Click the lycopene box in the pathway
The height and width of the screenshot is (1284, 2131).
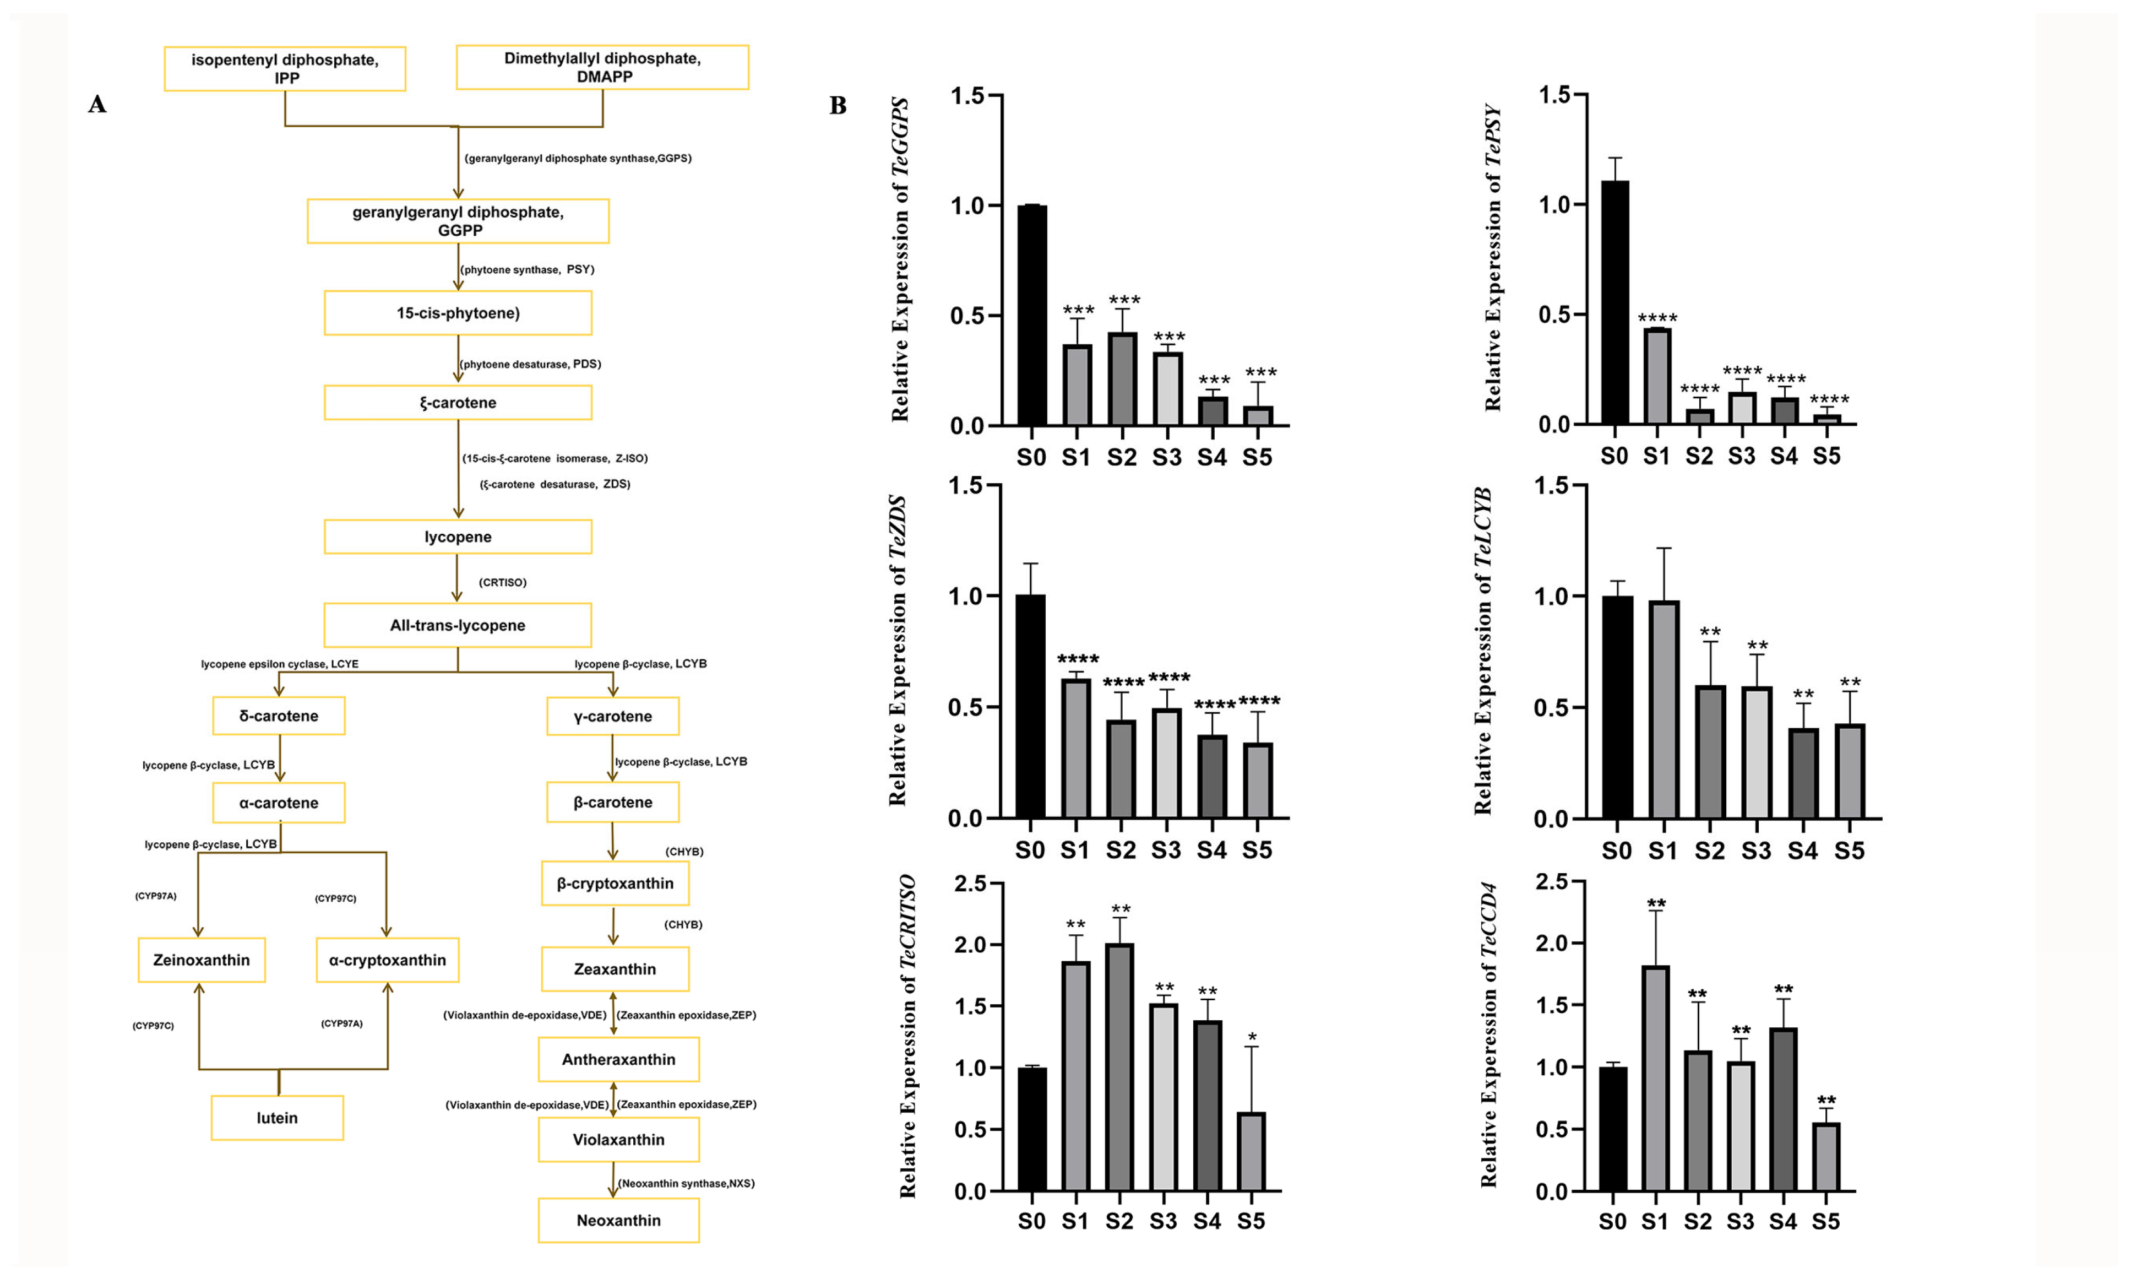click(458, 537)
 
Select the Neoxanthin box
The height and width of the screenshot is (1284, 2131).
click(618, 1220)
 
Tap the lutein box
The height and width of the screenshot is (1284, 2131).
click(277, 1118)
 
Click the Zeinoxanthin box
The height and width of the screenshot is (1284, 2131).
click(202, 960)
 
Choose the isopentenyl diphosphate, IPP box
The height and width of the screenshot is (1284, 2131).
click(285, 68)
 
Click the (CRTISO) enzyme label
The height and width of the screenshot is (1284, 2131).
click(503, 582)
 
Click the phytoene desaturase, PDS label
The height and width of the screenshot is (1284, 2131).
click(530, 364)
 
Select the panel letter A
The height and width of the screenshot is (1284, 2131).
click(97, 105)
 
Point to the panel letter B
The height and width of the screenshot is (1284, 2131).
click(837, 106)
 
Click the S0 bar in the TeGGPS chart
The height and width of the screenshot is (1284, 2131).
click(1032, 316)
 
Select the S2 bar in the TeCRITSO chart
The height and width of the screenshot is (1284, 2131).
click(1119, 1068)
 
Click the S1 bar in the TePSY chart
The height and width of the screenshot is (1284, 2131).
click(1657, 376)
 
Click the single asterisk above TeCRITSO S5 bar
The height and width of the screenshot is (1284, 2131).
click(1252, 1037)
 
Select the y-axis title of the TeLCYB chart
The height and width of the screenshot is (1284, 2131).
click(1483, 651)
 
